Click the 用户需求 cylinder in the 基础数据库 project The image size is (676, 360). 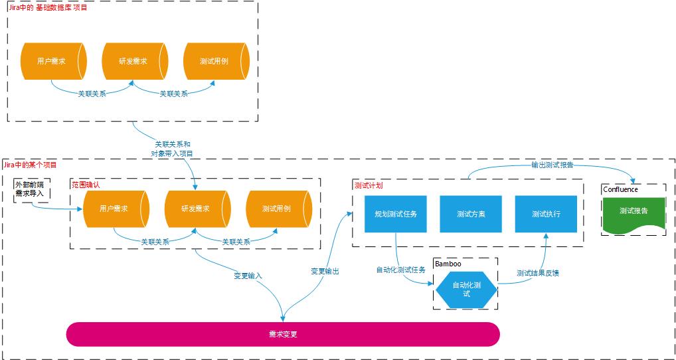tap(52, 61)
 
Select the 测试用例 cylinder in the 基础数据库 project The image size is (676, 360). tap(215, 61)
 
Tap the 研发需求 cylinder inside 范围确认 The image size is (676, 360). tap(197, 209)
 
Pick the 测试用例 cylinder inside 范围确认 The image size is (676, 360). tap(278, 209)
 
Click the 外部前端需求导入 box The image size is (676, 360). tap(31, 189)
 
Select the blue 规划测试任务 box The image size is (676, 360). tap(396, 214)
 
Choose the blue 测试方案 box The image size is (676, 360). tap(471, 214)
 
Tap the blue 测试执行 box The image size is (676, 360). tap(546, 214)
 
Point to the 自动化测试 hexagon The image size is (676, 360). tap(466, 289)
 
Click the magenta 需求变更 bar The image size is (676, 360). tap(282, 334)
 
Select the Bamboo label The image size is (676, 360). tap(448, 264)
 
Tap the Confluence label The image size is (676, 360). tap(620, 189)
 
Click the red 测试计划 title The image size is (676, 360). tap(369, 185)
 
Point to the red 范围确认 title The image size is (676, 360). tap(86, 184)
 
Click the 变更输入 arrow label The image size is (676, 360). tap(248, 275)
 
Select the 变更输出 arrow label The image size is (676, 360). tap(325, 271)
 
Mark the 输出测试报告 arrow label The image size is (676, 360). tap(552, 165)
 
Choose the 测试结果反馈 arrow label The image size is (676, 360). tap(538, 272)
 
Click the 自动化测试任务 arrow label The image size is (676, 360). tap(401, 270)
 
